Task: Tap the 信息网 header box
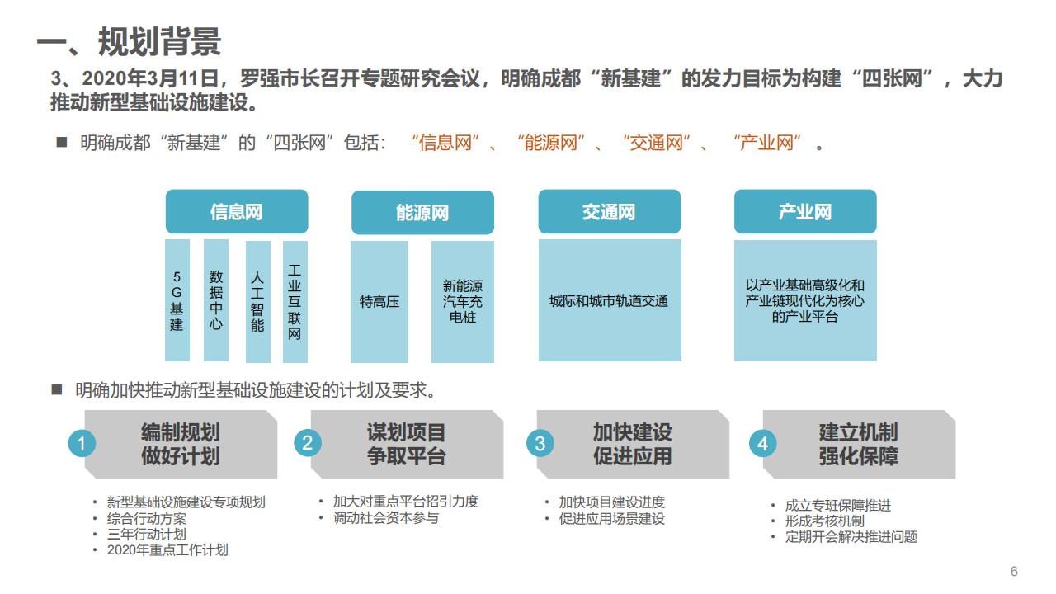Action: click(237, 212)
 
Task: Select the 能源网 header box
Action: click(422, 213)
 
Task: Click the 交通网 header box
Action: click(609, 212)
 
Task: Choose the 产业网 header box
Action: click(805, 212)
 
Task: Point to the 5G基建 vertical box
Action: click(177, 300)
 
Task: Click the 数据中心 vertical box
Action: click(215, 300)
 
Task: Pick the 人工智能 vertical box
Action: click(257, 301)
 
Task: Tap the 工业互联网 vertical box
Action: click(295, 301)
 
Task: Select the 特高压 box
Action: click(379, 301)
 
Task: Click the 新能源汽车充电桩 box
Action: click(463, 301)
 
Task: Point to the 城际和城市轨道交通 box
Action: click(609, 301)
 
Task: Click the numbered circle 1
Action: click(82, 444)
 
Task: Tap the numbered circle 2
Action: click(308, 443)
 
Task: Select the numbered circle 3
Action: click(540, 444)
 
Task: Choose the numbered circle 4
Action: click(762, 444)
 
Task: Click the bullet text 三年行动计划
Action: click(147, 534)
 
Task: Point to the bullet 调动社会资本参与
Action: click(386, 518)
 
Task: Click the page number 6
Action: click(1014, 572)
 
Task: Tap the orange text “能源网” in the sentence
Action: click(550, 143)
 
